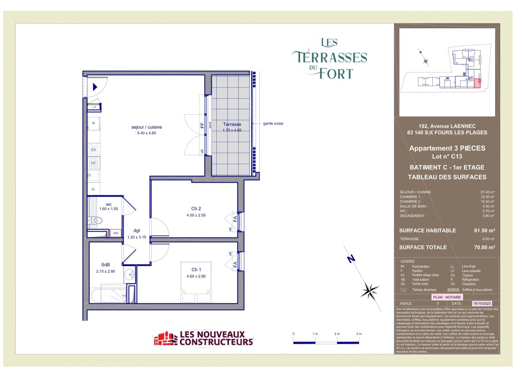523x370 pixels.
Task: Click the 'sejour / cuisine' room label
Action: pos(146,127)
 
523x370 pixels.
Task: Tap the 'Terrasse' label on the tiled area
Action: pos(232,124)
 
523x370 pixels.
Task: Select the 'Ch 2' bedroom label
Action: pos(196,208)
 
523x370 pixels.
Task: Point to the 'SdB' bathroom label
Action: pos(105,265)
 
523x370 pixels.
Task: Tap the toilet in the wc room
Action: pos(97,220)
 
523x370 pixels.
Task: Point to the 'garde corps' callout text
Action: pos(273,124)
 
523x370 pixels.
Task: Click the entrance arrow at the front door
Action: pos(95,87)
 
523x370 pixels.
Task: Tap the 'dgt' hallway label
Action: pos(136,230)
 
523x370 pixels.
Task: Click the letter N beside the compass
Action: pos(350,259)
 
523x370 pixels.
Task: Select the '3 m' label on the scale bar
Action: pos(359,334)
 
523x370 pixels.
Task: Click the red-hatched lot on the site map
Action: pos(477,83)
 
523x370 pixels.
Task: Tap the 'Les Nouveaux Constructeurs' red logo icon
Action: pos(165,338)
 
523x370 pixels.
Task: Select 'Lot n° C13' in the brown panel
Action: pos(447,157)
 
